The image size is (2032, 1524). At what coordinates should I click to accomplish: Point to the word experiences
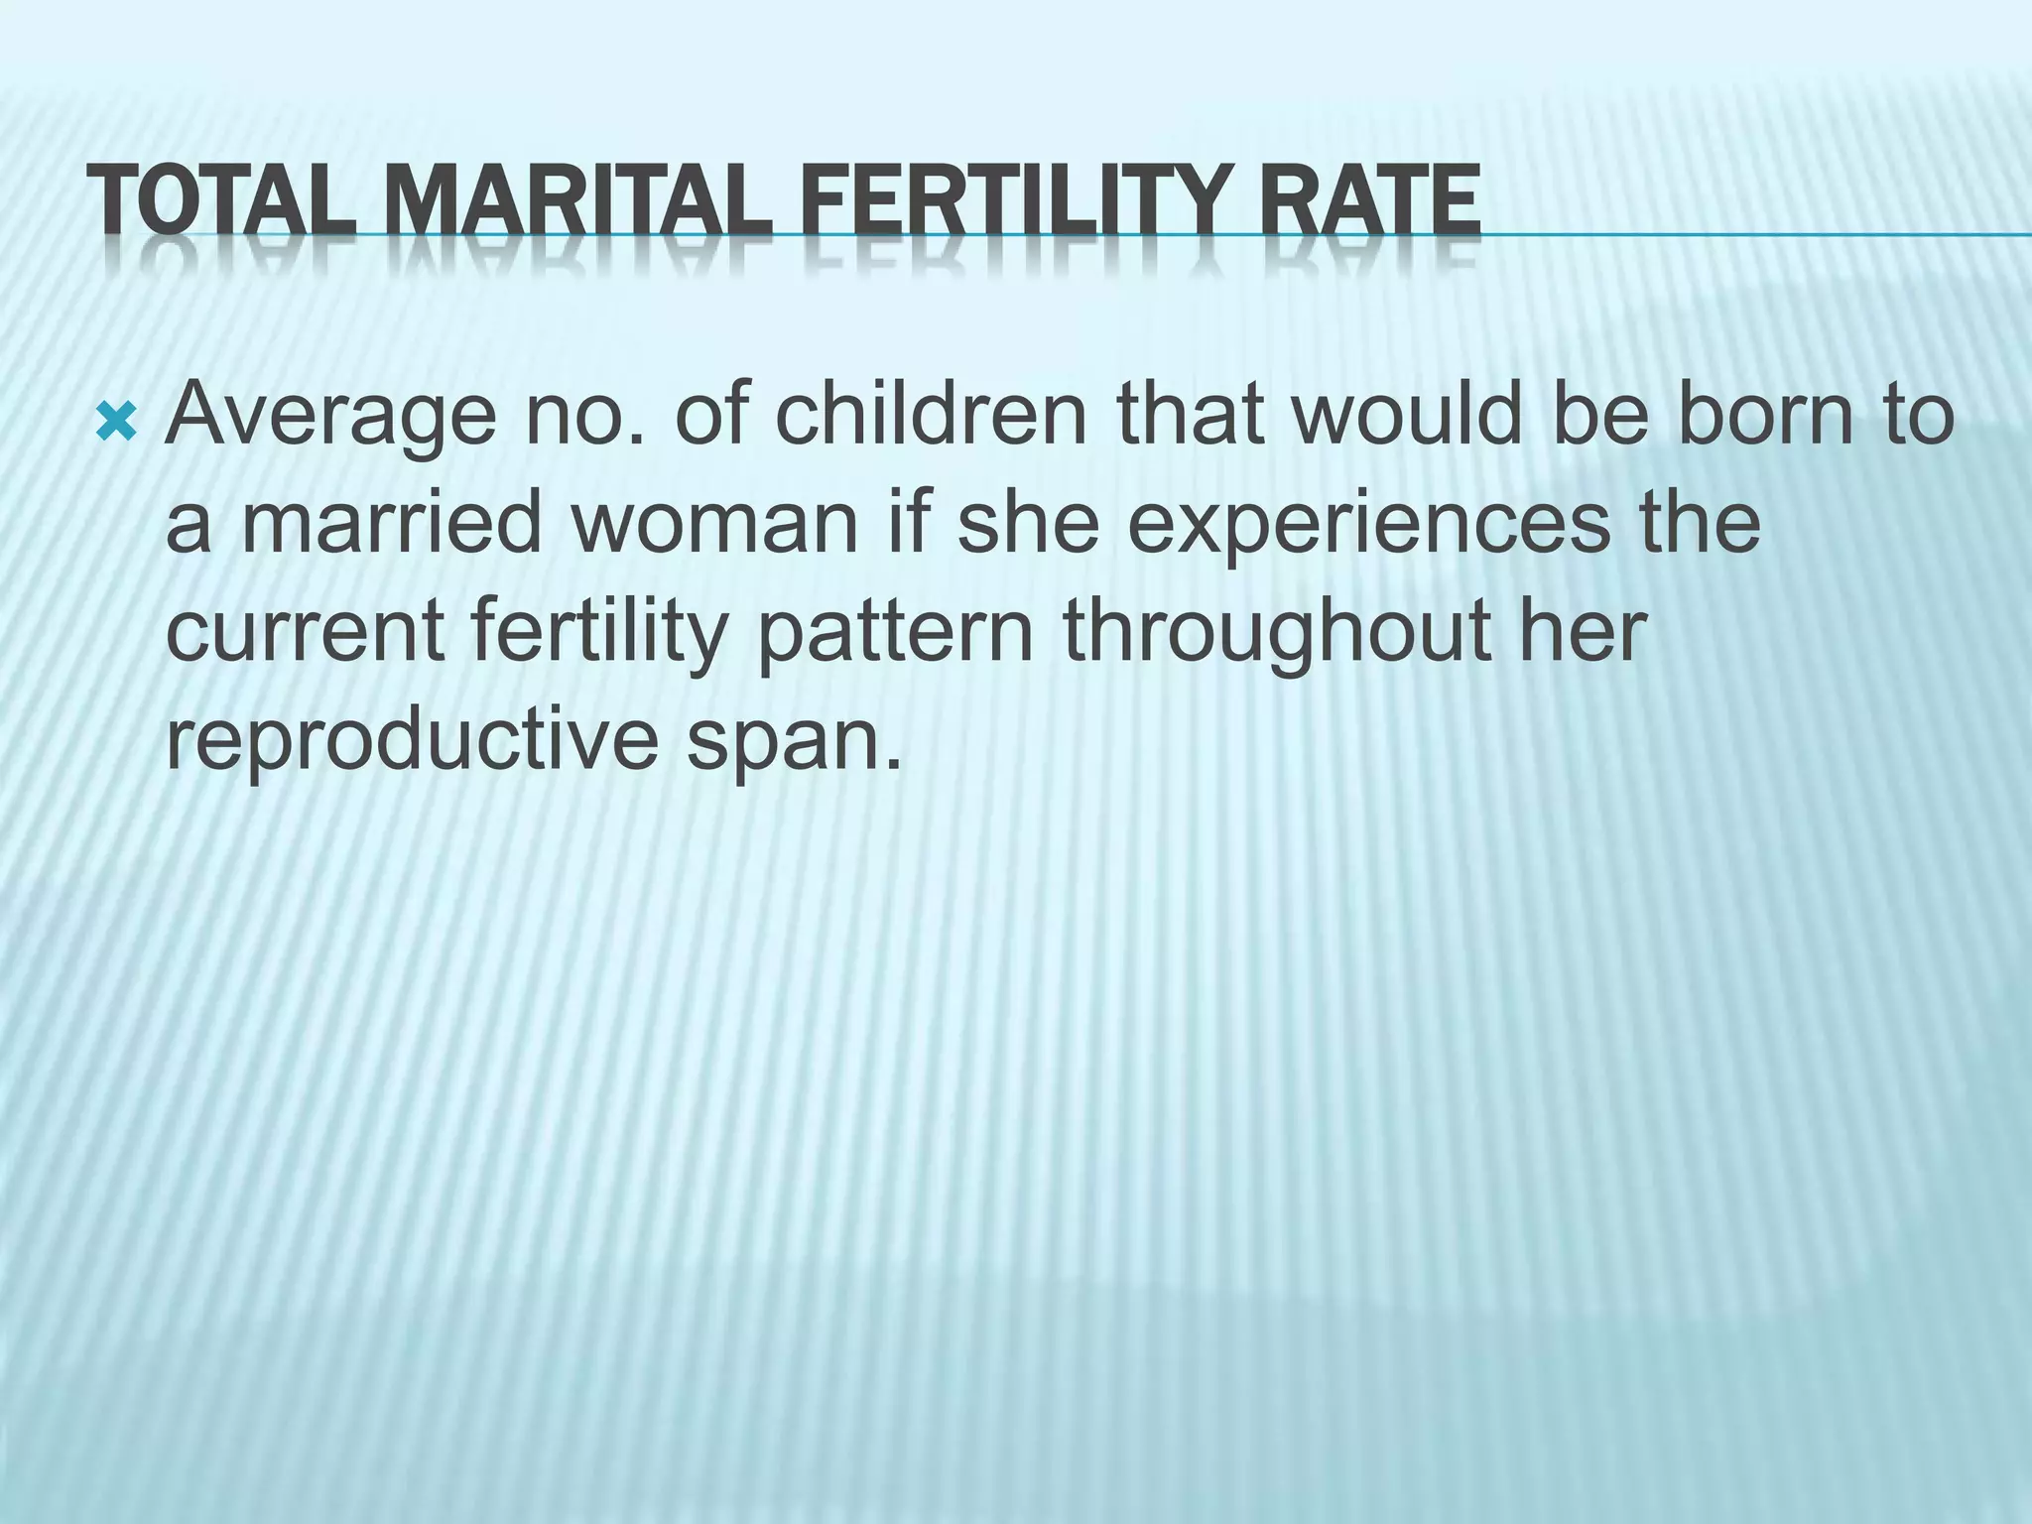(1369, 526)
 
